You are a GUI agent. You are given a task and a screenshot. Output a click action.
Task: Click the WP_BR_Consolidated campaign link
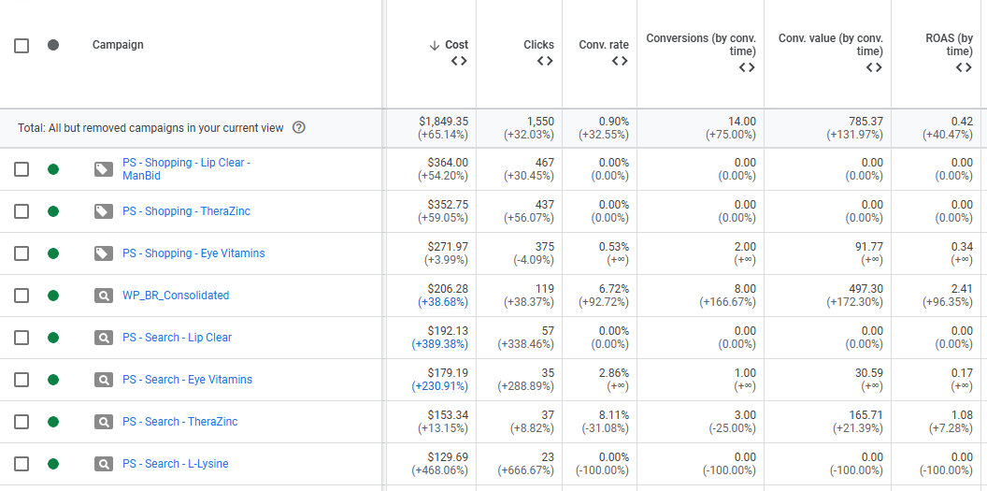click(x=176, y=296)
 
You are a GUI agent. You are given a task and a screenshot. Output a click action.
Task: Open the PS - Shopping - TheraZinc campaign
click(x=186, y=211)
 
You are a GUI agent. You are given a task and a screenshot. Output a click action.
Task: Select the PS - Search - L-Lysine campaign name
click(x=175, y=464)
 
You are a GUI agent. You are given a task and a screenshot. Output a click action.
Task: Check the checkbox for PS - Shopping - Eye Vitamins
click(x=21, y=253)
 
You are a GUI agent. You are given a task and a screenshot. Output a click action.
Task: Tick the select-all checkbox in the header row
click(x=21, y=45)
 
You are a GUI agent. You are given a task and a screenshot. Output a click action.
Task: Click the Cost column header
click(x=456, y=45)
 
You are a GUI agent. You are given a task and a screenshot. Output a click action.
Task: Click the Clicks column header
click(x=538, y=45)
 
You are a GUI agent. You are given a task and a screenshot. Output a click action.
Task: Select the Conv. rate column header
click(x=604, y=45)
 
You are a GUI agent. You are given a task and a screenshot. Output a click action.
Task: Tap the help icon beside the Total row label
click(x=299, y=128)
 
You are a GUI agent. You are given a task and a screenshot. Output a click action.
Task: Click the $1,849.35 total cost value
click(x=444, y=122)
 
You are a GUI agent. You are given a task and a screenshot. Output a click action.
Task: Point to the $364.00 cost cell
click(x=448, y=163)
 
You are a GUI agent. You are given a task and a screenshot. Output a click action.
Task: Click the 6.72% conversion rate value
click(x=613, y=289)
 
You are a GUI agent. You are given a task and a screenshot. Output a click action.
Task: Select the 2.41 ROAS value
click(x=962, y=289)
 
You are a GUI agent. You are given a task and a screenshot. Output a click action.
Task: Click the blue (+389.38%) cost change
click(x=440, y=344)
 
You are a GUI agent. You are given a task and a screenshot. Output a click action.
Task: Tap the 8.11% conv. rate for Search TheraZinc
click(x=613, y=415)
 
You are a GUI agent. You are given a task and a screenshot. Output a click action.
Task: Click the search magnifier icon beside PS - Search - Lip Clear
click(x=104, y=338)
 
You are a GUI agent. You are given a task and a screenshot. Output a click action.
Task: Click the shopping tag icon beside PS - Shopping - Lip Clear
click(x=104, y=169)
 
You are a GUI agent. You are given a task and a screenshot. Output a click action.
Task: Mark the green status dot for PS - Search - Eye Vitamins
click(x=53, y=380)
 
